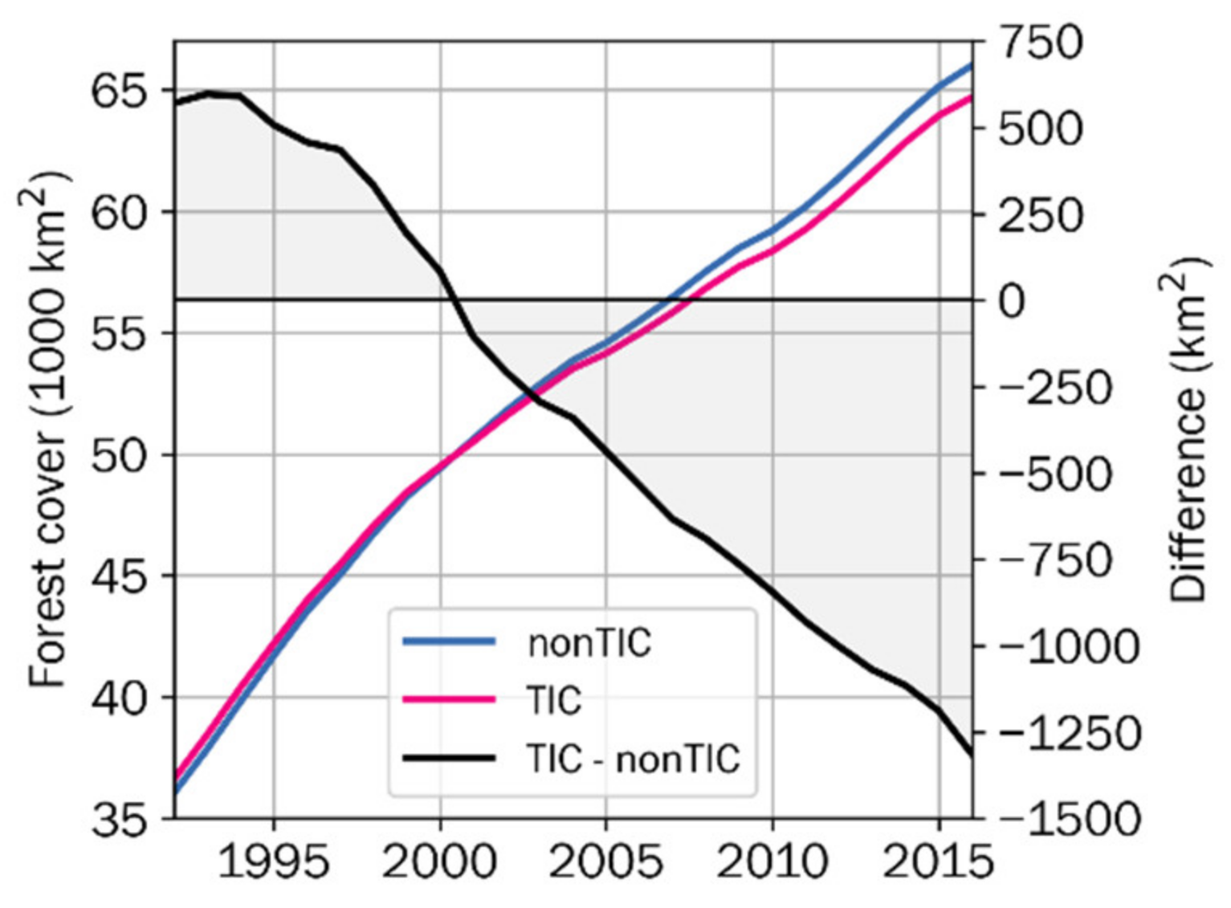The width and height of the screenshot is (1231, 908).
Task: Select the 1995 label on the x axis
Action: pyautogui.click(x=274, y=862)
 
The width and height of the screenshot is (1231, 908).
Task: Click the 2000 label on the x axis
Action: pyautogui.click(x=440, y=862)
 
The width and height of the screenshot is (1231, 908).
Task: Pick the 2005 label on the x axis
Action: pyautogui.click(x=606, y=862)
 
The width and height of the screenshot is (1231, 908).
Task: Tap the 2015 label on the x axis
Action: pyautogui.click(x=938, y=862)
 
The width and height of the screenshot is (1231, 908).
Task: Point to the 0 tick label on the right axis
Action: pyautogui.click(x=1013, y=301)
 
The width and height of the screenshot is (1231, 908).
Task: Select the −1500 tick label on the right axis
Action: pyautogui.click(x=1068, y=820)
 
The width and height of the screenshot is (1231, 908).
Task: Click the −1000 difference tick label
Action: pyautogui.click(x=1068, y=647)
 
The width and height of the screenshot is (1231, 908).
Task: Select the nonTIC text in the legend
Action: pyautogui.click(x=589, y=642)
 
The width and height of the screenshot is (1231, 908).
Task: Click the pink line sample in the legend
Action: pyautogui.click(x=448, y=700)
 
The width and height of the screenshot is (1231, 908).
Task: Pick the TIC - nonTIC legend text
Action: pyautogui.click(x=633, y=759)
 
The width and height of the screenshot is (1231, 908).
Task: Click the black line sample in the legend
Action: pyautogui.click(x=448, y=759)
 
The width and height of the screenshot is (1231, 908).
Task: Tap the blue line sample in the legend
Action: pyautogui.click(x=448, y=641)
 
